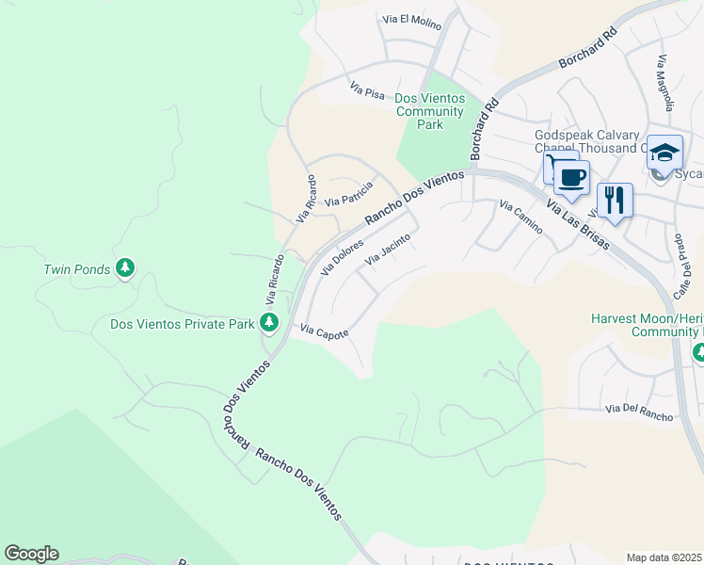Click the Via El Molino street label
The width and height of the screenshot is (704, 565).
click(411, 20)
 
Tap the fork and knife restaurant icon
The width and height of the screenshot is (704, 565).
click(615, 200)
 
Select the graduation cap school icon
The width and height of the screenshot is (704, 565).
click(665, 153)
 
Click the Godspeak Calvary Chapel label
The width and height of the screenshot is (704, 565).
click(587, 141)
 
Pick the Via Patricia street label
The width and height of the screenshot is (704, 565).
click(349, 195)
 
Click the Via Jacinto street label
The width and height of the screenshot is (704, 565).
click(389, 248)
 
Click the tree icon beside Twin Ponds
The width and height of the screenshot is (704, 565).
click(125, 268)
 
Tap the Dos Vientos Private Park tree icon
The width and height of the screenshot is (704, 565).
click(269, 323)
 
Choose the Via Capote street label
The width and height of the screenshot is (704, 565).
click(325, 331)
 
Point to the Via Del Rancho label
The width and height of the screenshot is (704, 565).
click(639, 409)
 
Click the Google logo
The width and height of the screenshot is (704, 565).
click(31, 554)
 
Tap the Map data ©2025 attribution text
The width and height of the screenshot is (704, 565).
click(664, 557)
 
